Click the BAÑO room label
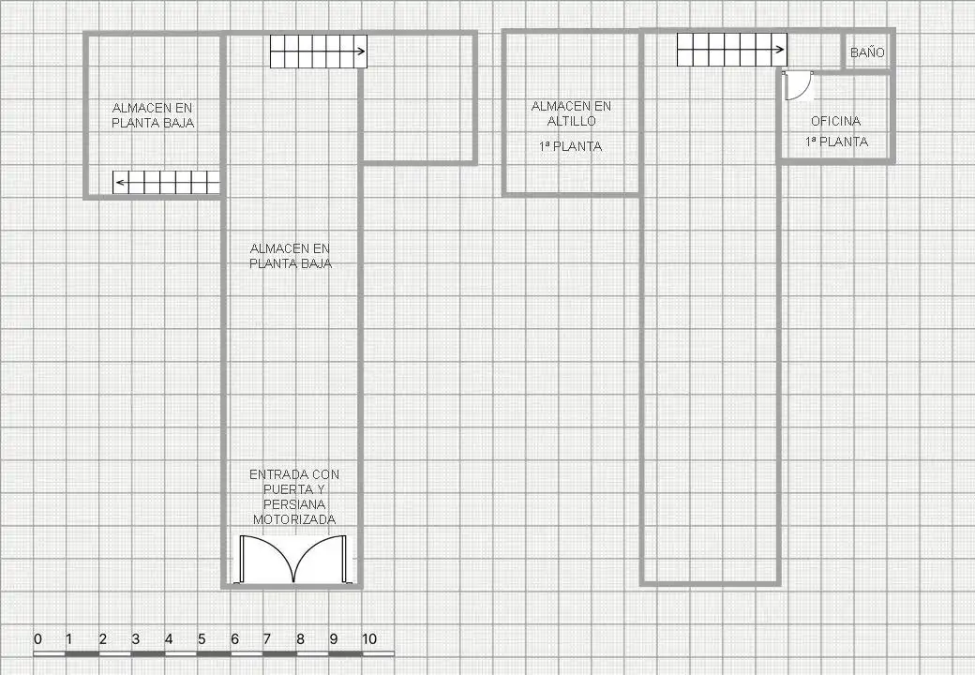click(x=867, y=52)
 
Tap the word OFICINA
click(x=835, y=121)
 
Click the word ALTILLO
click(x=572, y=121)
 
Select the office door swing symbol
click(x=798, y=85)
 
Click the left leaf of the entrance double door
click(x=267, y=559)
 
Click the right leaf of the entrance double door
click(x=320, y=559)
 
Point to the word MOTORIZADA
click(x=294, y=519)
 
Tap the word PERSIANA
click(x=294, y=504)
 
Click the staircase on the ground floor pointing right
click(x=319, y=51)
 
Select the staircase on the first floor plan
click(x=732, y=50)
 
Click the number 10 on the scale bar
click(x=368, y=639)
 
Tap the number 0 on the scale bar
click(x=37, y=639)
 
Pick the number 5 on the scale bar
click(x=202, y=639)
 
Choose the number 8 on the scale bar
click(x=300, y=639)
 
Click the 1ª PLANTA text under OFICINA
click(x=836, y=142)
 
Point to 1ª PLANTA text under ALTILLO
click(x=570, y=146)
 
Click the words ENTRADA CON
click(x=294, y=475)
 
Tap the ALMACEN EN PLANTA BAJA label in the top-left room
click(x=153, y=115)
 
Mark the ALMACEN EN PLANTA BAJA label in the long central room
click(x=291, y=256)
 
